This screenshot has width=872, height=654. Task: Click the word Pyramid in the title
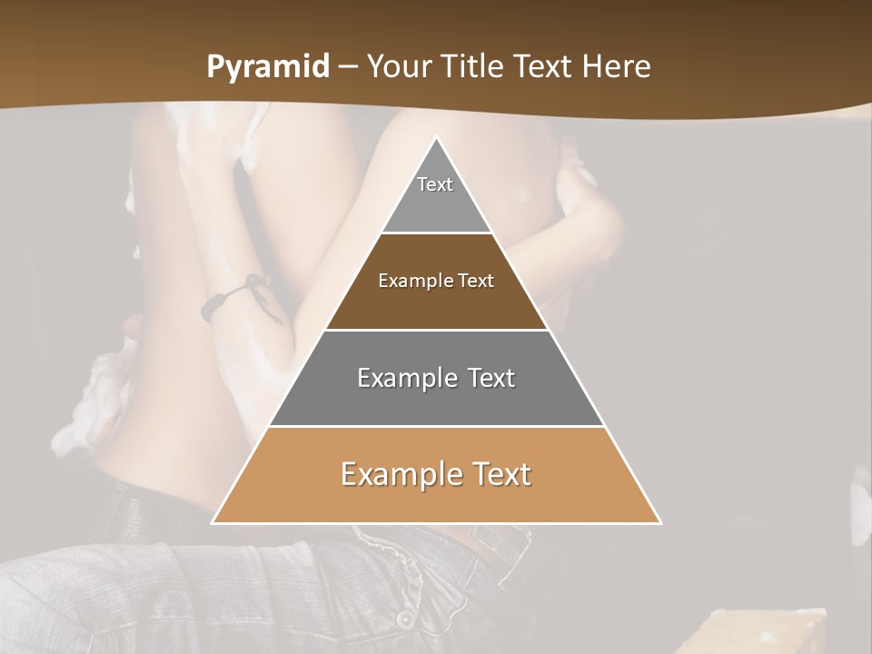tap(267, 67)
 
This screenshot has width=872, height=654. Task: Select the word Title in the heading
tap(475, 67)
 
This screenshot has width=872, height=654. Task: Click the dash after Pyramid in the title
tap(347, 68)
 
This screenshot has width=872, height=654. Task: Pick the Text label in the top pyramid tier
tap(435, 184)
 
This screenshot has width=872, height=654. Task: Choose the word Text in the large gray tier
tap(492, 378)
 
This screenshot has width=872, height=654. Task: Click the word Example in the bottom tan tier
tap(402, 474)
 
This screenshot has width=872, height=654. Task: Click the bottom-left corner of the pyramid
tap(213, 522)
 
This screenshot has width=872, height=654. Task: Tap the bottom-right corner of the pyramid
tap(660, 522)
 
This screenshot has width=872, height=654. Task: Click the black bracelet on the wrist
tap(227, 297)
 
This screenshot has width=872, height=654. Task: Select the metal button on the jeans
tap(404, 619)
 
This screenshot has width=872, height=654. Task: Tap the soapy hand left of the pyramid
tap(95, 400)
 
